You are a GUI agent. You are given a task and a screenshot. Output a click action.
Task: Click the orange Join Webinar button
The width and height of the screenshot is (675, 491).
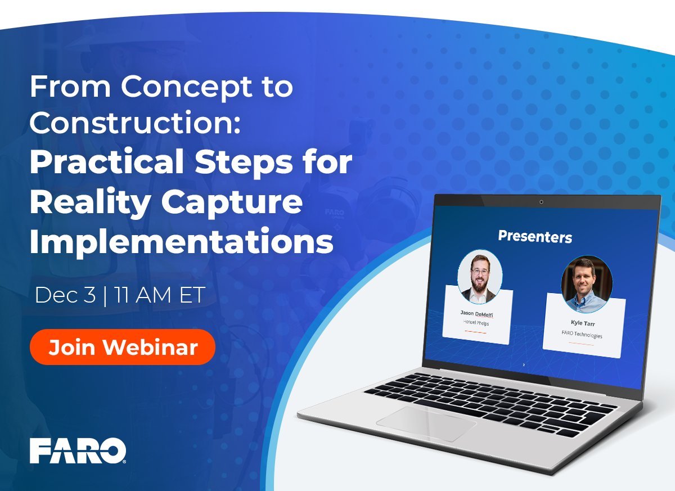[123, 347]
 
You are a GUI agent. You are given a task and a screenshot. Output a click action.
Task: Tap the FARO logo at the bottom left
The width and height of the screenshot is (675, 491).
[78, 451]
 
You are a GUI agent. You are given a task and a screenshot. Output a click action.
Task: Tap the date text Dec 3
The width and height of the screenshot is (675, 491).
[65, 296]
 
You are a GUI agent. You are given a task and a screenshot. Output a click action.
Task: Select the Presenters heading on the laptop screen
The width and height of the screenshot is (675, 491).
[534, 237]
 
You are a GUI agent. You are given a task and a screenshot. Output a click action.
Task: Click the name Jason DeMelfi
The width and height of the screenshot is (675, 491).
[476, 314]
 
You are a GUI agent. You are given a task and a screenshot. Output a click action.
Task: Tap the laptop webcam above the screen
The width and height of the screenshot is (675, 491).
[541, 202]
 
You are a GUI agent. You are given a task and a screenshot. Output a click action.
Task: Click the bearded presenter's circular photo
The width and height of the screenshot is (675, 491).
[480, 276]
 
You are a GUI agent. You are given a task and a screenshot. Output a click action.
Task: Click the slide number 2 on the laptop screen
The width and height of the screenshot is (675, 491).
[524, 365]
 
